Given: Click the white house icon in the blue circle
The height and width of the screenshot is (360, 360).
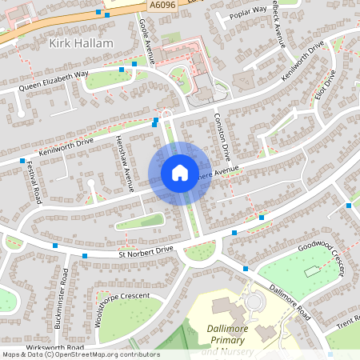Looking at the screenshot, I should (179, 173).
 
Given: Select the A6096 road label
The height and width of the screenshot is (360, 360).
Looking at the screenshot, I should (161, 6).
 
